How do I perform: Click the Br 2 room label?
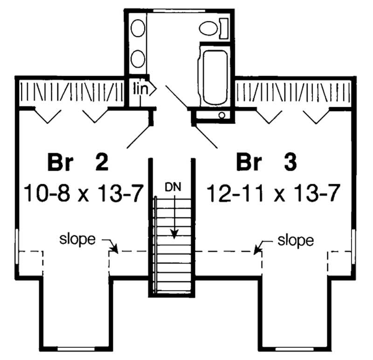[78, 164]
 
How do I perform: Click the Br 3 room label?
[267, 164]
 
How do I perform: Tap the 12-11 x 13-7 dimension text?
[272, 192]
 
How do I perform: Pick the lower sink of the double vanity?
[137, 60]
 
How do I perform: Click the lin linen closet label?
[141, 88]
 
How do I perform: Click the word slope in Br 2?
[77, 240]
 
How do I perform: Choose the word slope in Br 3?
[296, 241]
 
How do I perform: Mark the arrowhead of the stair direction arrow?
[173, 234]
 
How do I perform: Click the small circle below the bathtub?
[222, 115]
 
